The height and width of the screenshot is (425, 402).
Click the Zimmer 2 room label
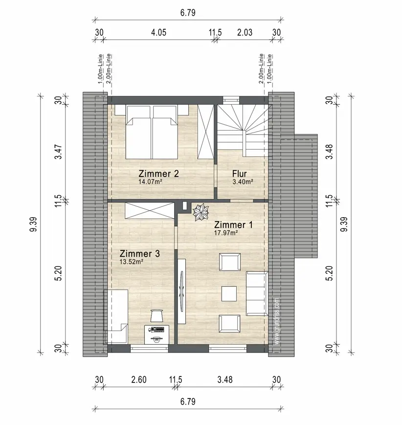(158, 174)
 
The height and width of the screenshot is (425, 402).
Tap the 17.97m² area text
(226, 233)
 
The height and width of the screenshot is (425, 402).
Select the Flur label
(239, 174)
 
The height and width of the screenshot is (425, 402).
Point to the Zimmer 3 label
(139, 254)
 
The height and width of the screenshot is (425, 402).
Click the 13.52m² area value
(132, 262)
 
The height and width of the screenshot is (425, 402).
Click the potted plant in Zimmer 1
(201, 212)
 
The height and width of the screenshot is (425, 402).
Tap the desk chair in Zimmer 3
(156, 316)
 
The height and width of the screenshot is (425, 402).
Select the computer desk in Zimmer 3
(156, 335)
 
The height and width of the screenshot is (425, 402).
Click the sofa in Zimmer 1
(257, 293)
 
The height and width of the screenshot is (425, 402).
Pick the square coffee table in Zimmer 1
(229, 294)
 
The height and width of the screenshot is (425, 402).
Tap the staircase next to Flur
(244, 131)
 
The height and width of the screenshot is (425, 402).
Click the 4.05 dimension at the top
(158, 33)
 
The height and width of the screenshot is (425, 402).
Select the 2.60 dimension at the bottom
(139, 380)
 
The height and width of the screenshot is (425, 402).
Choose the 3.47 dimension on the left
(59, 152)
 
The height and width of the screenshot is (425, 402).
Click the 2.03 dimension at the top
(245, 33)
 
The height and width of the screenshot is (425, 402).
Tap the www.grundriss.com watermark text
(276, 321)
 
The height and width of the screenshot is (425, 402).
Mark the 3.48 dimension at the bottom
(225, 380)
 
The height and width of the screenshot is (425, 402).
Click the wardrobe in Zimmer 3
(149, 211)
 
